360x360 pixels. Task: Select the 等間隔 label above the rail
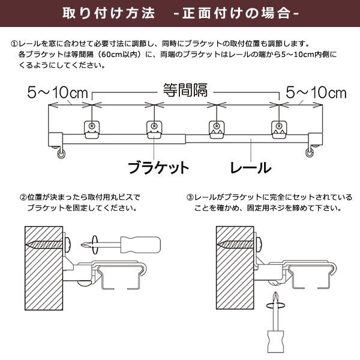point(185,91)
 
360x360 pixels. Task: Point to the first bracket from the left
point(91,128)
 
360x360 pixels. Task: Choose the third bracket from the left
point(217,128)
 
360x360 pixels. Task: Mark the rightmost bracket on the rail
point(279,128)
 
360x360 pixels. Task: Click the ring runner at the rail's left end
point(61,154)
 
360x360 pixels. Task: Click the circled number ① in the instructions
point(14,44)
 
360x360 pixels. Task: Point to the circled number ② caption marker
point(23,197)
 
